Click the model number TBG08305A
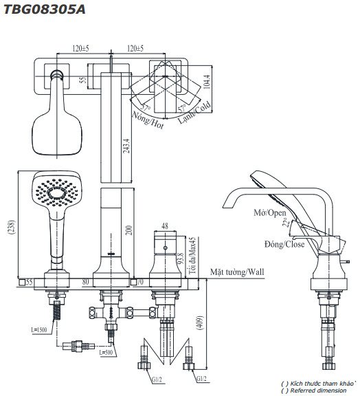[x=42, y=8]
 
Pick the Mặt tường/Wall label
[x=237, y=272]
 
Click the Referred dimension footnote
[x=320, y=389]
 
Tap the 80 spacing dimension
[x=85, y=281]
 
